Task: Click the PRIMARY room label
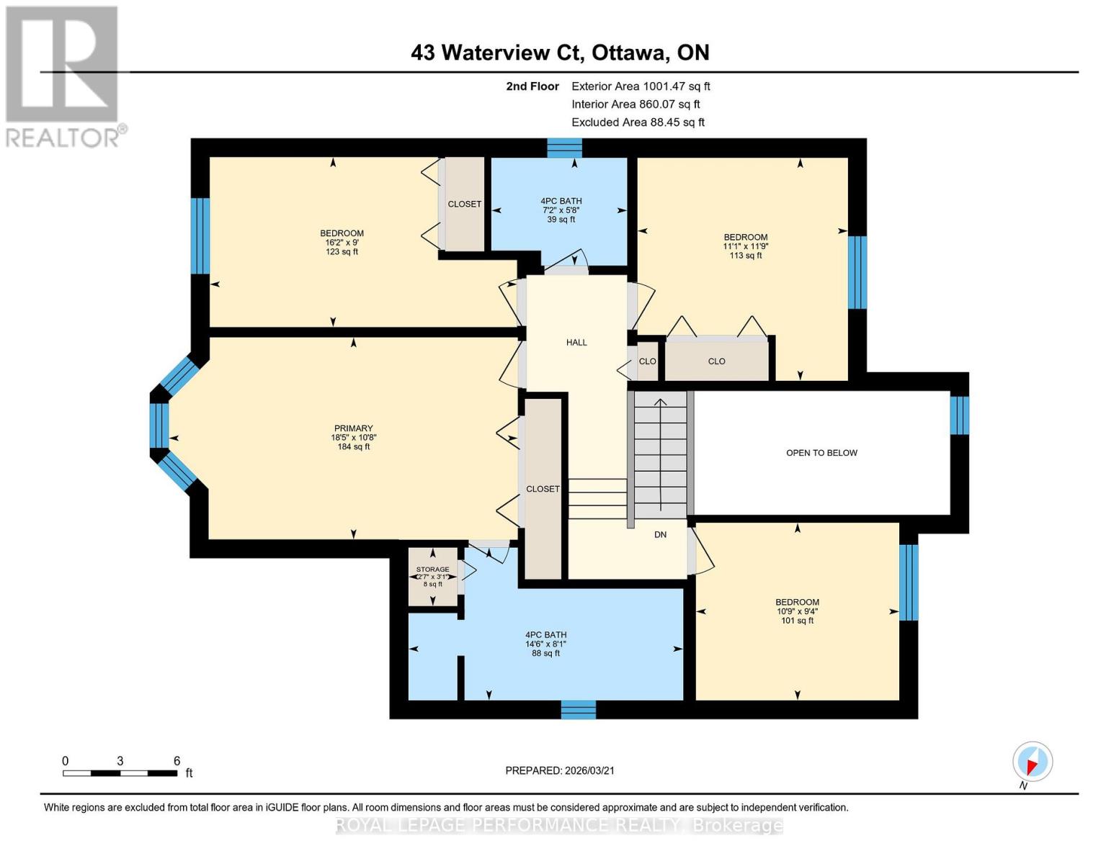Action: [x=353, y=428]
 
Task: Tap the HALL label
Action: [x=576, y=343]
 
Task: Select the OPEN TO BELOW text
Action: [x=821, y=453]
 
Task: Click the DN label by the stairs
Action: [x=660, y=534]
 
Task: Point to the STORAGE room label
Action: [x=432, y=569]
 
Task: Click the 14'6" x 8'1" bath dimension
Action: [x=545, y=644]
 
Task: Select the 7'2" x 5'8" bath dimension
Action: [x=561, y=210]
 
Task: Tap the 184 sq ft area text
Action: [x=353, y=446]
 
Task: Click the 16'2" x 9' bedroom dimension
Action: [x=342, y=243]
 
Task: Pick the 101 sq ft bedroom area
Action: [x=797, y=621]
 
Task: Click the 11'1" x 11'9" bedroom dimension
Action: [x=745, y=246]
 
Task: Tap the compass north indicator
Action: [x=1032, y=762]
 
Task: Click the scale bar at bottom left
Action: [x=120, y=773]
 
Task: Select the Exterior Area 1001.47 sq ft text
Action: [x=641, y=86]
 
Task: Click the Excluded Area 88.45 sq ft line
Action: [x=638, y=122]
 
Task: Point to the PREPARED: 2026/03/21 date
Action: [x=560, y=770]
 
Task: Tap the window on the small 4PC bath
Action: [x=564, y=148]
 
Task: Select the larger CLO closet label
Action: [x=716, y=361]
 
